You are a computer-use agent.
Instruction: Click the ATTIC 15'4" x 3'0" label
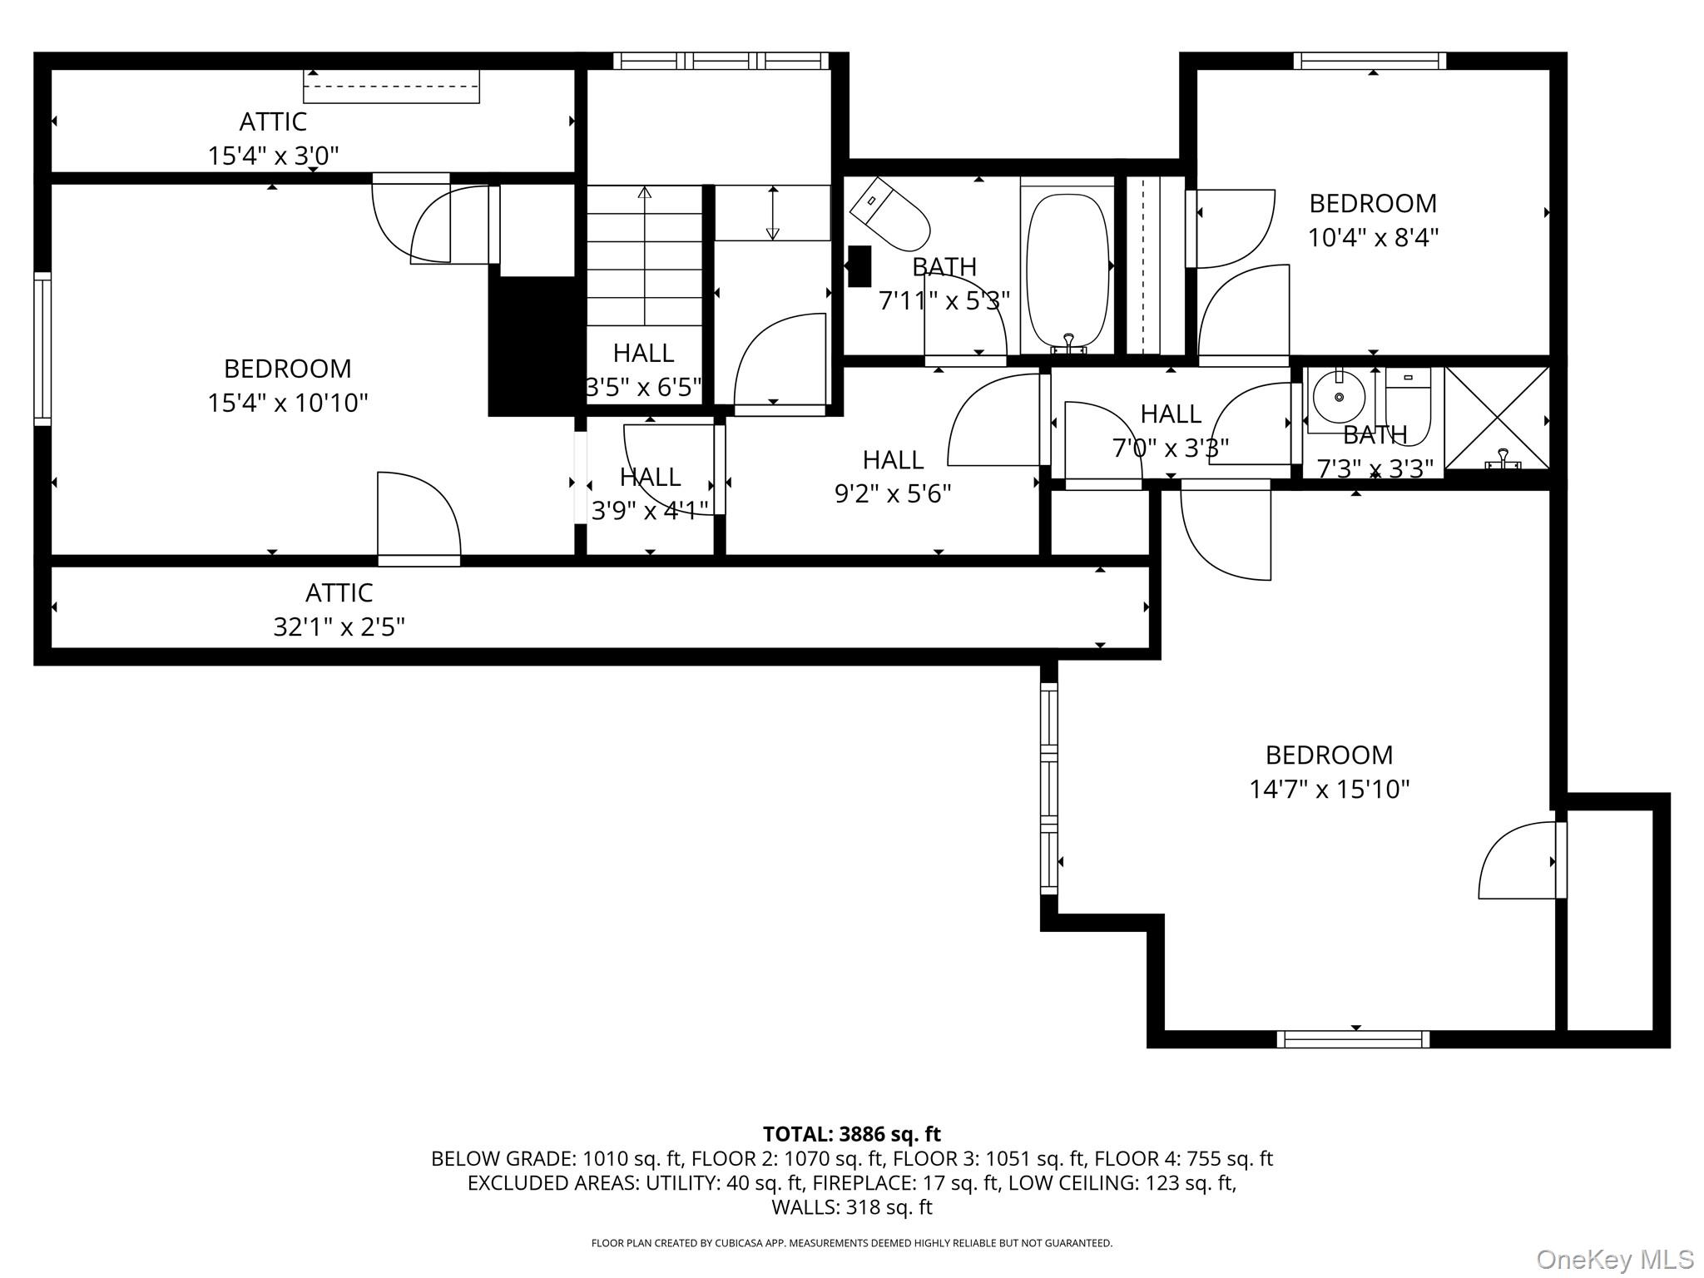point(273,138)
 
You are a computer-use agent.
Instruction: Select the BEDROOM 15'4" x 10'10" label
point(287,385)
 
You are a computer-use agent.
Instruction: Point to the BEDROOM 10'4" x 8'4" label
point(1373,220)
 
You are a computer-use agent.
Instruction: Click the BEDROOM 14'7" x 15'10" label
point(1329,771)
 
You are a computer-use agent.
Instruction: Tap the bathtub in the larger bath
point(1067,268)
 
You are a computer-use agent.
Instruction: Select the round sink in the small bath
point(1339,399)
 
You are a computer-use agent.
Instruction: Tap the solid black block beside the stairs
point(532,345)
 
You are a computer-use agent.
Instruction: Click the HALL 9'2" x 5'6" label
point(893,477)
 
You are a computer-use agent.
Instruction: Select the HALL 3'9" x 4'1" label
point(650,493)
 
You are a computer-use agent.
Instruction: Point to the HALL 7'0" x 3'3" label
point(1170,431)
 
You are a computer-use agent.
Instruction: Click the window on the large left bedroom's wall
point(42,349)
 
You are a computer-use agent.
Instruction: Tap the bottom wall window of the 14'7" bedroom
point(1353,1038)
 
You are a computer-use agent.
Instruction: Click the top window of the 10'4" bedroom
point(1370,61)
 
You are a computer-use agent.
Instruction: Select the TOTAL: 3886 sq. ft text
point(851,1134)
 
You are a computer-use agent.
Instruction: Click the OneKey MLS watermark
point(1614,1259)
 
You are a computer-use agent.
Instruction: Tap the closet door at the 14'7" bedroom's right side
point(1521,861)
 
